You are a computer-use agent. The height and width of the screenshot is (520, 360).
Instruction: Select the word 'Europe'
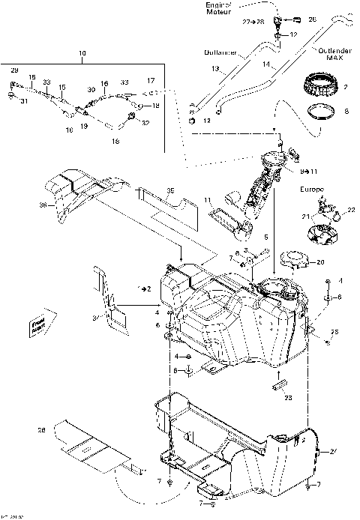(313, 190)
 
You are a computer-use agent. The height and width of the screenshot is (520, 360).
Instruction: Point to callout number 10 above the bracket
(82, 55)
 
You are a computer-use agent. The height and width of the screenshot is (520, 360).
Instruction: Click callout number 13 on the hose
(214, 69)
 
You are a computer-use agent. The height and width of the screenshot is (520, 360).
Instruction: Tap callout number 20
(320, 262)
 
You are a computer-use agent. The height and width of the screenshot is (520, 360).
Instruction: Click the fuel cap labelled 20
(293, 262)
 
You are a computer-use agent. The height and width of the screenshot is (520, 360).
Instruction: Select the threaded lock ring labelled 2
(325, 82)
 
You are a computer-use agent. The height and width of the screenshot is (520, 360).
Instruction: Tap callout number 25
(335, 331)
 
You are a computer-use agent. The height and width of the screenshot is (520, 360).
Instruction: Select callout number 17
(151, 80)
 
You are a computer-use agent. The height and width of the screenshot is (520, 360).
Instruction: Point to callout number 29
(13, 70)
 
